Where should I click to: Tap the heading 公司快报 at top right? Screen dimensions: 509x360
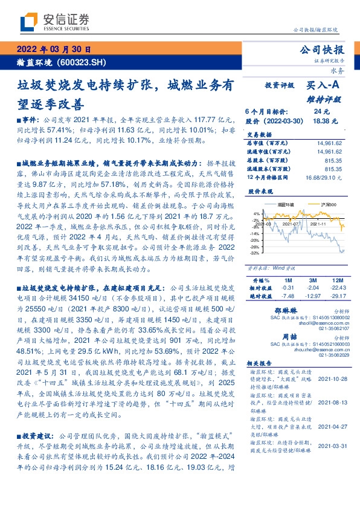point(326,50)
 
